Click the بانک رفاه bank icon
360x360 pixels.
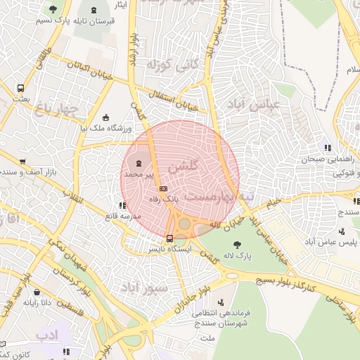click(x=163, y=188)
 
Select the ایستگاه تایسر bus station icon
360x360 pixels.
click(x=169, y=237)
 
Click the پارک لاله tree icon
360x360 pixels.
click(x=240, y=245)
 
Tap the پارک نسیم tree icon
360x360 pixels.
click(x=53, y=10)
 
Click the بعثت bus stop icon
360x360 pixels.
click(x=20, y=89)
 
